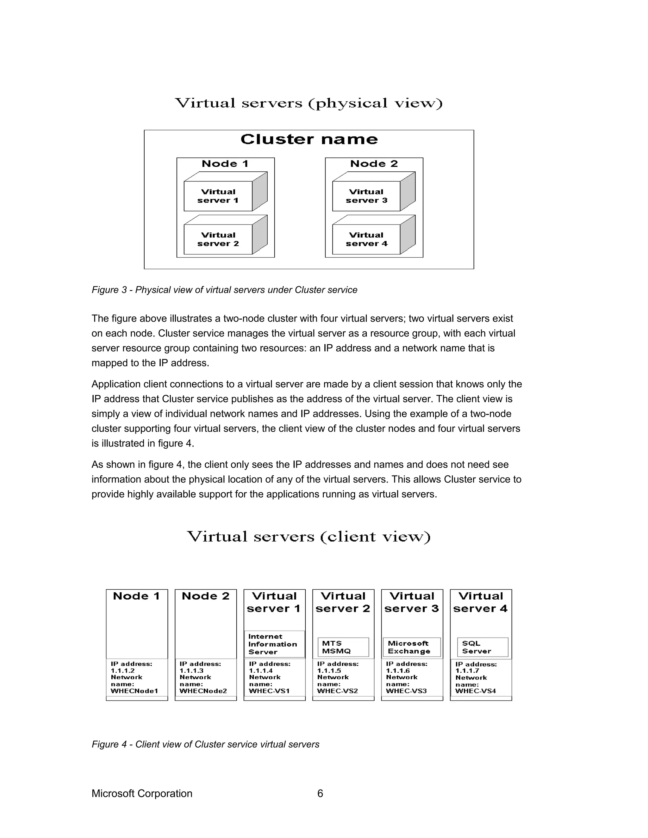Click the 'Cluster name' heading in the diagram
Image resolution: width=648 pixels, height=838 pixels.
(x=309, y=139)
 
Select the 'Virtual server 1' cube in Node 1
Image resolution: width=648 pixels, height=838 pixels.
(x=218, y=196)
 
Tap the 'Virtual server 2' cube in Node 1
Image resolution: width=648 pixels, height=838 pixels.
(x=218, y=239)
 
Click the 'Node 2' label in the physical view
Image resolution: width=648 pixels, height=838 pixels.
(x=374, y=164)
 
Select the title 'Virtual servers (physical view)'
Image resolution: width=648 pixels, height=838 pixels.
(x=308, y=103)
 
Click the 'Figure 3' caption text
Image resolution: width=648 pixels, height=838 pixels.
(x=224, y=290)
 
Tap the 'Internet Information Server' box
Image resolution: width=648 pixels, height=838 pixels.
(x=274, y=644)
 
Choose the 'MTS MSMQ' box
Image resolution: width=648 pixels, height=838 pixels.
(x=343, y=647)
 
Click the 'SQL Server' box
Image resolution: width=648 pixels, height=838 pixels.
(x=482, y=647)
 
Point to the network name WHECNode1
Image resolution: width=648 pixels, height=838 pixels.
(x=134, y=691)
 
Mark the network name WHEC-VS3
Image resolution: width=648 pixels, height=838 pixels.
(x=406, y=691)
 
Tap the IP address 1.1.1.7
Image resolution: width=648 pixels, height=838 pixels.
(x=467, y=671)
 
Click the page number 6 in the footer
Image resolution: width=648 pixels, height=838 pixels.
(x=320, y=793)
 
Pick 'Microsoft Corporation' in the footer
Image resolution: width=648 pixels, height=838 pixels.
(x=142, y=793)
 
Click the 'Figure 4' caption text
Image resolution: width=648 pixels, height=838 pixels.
(x=205, y=744)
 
